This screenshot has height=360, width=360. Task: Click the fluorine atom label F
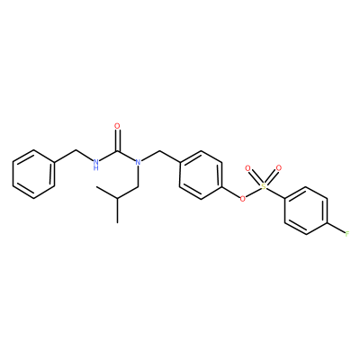(x=347, y=234)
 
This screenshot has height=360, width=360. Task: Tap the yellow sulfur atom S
(x=264, y=186)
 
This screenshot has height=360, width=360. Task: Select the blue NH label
(x=95, y=165)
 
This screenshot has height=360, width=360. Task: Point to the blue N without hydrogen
(x=138, y=162)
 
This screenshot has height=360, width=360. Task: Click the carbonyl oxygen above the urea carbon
(x=117, y=126)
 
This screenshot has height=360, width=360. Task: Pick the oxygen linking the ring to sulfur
(x=243, y=198)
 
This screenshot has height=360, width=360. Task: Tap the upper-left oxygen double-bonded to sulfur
(x=247, y=168)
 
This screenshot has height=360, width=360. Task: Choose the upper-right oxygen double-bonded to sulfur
(x=279, y=168)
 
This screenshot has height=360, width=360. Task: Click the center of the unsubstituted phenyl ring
(x=33, y=175)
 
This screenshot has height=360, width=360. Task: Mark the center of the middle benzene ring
(x=201, y=175)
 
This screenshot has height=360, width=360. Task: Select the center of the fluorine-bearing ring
(x=306, y=211)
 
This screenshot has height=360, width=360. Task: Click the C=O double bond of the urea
(x=117, y=140)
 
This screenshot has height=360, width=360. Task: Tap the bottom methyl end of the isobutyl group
(x=117, y=222)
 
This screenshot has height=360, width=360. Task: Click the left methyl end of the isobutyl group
(x=96, y=186)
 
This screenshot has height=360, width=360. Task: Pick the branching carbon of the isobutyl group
(x=117, y=199)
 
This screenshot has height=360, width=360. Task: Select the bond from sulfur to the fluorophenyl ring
(x=275, y=193)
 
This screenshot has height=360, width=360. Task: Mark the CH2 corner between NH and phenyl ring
(x=76, y=150)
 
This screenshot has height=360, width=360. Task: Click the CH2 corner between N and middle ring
(x=159, y=150)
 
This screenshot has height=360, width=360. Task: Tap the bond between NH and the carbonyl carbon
(x=108, y=156)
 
